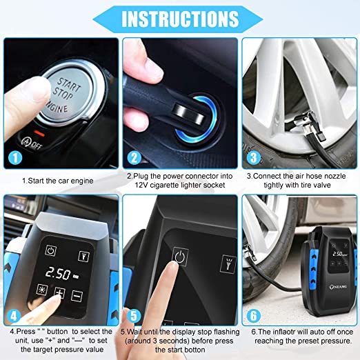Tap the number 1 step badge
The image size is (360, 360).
[15, 158]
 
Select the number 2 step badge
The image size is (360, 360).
[134, 158]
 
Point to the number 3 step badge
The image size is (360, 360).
[254, 158]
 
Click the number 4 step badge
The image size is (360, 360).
[14, 316]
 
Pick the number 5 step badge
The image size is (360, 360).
[134, 316]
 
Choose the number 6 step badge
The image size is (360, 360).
[254, 316]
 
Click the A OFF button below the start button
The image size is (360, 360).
[31, 143]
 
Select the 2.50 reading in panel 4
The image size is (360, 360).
[58, 273]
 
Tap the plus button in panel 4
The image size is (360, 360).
[59, 292]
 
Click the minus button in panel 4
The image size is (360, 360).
[77, 296]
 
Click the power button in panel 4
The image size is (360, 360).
[50, 250]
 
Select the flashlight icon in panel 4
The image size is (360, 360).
[83, 256]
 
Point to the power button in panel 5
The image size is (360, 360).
[180, 256]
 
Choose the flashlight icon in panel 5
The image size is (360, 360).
[228, 264]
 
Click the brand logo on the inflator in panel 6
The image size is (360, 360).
[338, 287]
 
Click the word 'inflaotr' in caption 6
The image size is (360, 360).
[283, 332]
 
